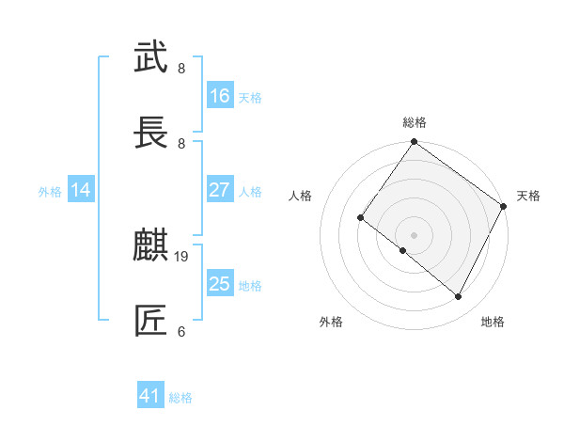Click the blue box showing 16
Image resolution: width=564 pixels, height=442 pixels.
tap(220, 96)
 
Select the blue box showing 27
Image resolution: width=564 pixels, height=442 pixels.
tap(220, 190)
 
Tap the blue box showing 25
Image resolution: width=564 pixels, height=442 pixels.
tap(220, 284)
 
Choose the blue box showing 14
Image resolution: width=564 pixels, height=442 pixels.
tap(81, 190)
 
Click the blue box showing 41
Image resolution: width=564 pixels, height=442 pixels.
tap(150, 396)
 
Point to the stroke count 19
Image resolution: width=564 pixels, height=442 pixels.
tap(182, 256)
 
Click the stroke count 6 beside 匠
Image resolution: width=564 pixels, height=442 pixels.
tap(181, 331)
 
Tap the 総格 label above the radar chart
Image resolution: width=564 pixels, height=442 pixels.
tap(415, 122)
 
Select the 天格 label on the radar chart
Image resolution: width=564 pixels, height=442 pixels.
tap(528, 196)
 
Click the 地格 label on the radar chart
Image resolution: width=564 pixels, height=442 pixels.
tap(493, 322)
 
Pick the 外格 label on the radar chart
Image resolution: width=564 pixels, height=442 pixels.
tap(331, 322)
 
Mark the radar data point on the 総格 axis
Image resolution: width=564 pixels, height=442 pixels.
tap(414, 143)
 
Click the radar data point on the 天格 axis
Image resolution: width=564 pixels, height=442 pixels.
tap(504, 206)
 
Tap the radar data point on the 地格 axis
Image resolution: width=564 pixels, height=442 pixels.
tap(459, 297)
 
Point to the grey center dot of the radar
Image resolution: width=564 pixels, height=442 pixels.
tap(414, 234)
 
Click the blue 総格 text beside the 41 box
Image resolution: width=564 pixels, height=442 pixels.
tap(180, 398)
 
